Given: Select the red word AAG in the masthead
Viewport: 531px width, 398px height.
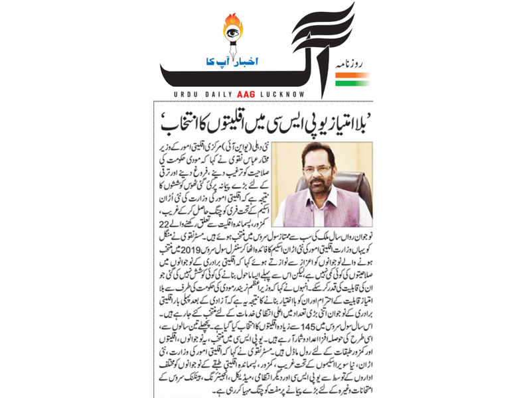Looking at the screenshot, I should point(259,91).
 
